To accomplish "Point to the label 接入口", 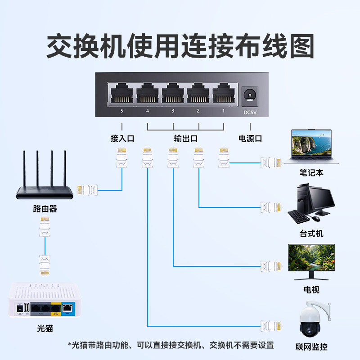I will [122, 139].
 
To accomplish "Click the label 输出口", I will [186, 139].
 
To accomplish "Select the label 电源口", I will [250, 139].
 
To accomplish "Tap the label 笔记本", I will [311, 173].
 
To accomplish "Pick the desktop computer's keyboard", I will [298, 217].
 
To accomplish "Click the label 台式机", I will [311, 234].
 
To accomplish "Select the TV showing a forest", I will [311, 257].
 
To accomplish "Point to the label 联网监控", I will [311, 347].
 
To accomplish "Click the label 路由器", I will [45, 209].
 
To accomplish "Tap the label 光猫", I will [45, 328].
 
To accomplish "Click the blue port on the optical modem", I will [67, 308].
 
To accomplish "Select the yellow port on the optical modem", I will [56, 309].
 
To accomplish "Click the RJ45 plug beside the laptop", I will [271, 162].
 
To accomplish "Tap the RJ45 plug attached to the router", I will [88, 190].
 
